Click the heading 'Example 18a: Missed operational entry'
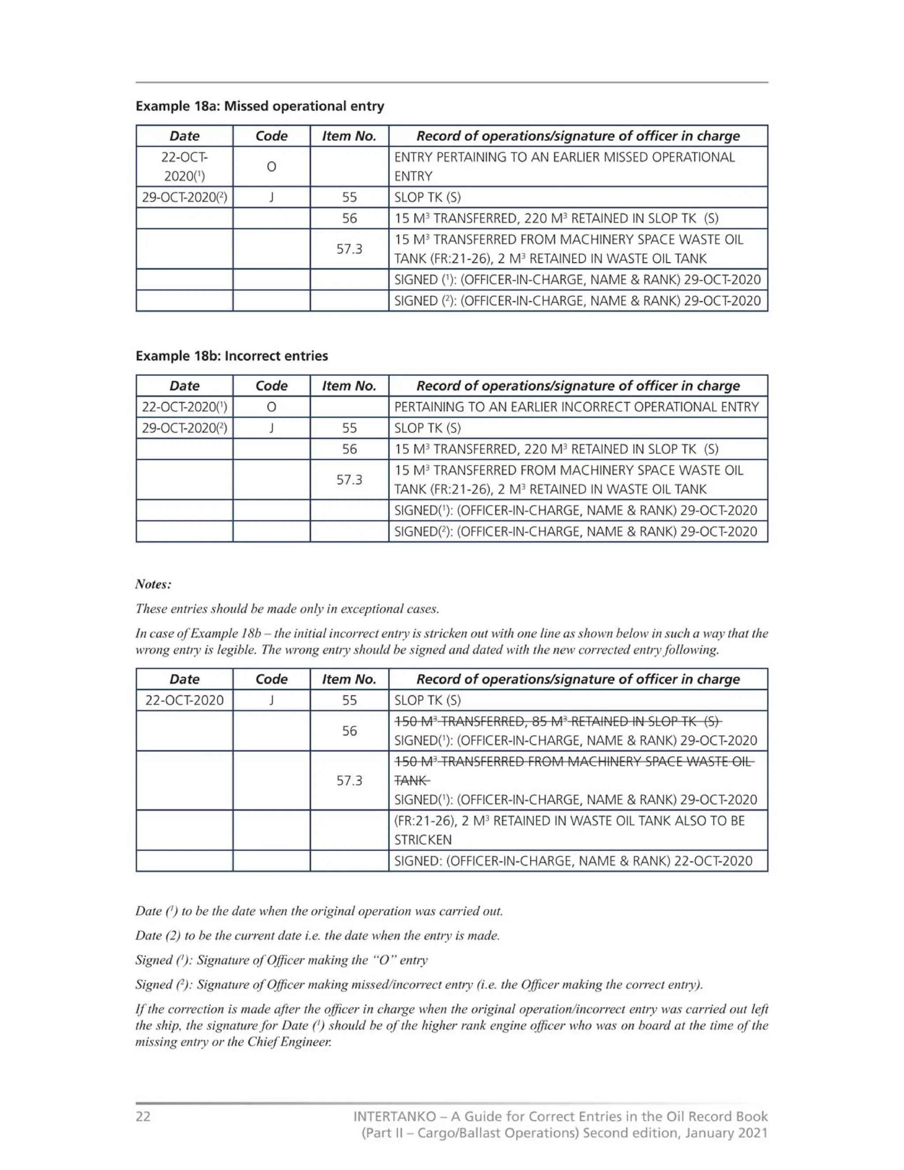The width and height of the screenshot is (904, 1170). click(x=260, y=106)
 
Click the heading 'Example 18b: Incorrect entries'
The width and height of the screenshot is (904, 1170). click(x=231, y=356)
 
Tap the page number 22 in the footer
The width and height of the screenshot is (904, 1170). click(x=143, y=1117)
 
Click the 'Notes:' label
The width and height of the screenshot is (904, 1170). click(x=153, y=584)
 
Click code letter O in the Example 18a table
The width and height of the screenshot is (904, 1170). click(x=271, y=166)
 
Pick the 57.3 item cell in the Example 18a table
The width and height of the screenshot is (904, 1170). click(x=349, y=249)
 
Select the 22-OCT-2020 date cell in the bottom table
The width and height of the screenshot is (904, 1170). click(x=184, y=700)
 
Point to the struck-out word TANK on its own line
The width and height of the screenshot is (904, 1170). click(x=411, y=781)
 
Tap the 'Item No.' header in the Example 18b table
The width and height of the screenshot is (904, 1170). click(x=349, y=386)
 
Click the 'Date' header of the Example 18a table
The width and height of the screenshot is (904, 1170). click(x=184, y=136)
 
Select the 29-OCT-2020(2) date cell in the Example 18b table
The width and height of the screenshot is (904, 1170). click(x=184, y=428)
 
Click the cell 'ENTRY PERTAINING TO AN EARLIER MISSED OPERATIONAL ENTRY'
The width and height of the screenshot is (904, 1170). click(x=565, y=166)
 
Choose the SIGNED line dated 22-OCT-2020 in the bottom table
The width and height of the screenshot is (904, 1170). click(x=573, y=861)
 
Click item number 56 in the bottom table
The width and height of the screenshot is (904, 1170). click(x=349, y=731)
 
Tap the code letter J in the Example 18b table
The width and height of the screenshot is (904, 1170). click(x=271, y=428)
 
